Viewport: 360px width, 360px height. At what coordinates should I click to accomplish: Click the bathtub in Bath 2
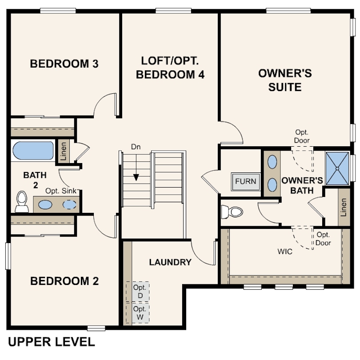[x=33, y=151]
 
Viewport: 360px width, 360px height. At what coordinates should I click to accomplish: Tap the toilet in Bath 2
[x=22, y=202]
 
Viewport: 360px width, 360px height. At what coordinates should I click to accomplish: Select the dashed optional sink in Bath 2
[x=70, y=204]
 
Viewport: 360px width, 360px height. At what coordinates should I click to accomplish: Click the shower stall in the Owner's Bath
[x=337, y=168]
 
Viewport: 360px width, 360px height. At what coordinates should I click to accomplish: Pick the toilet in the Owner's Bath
[x=232, y=212]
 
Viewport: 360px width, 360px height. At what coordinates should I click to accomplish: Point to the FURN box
[x=245, y=181]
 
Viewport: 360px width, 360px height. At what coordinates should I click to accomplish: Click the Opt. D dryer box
[x=137, y=292]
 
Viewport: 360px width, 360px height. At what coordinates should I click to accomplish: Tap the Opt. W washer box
[x=137, y=313]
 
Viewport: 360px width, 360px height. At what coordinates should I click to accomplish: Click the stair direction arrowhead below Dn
[x=136, y=177]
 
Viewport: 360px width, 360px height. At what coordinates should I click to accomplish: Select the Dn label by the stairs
[x=136, y=147]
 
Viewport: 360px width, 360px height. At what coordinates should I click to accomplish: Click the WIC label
[x=285, y=252]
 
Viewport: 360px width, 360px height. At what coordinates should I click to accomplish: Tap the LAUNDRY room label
[x=170, y=262]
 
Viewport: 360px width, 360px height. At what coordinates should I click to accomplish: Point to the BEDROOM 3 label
[x=64, y=64]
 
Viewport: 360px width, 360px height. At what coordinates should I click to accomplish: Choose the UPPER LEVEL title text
[x=52, y=342]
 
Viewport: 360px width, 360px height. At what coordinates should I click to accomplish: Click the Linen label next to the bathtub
[x=64, y=151]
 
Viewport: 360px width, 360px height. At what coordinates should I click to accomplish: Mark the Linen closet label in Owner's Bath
[x=344, y=207]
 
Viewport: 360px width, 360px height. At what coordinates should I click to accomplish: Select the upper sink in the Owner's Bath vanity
[x=272, y=162]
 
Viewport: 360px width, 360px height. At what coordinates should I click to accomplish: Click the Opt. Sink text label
[x=61, y=191]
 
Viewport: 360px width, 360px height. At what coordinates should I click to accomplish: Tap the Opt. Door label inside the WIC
[x=323, y=239]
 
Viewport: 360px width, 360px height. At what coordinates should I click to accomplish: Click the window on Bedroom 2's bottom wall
[x=96, y=328]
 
